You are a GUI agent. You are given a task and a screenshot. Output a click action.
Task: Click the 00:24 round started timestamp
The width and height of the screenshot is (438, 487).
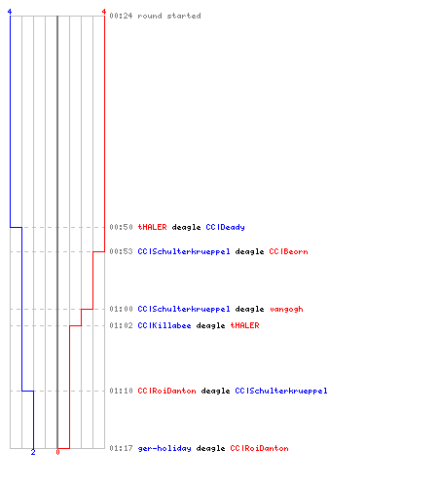click(121, 16)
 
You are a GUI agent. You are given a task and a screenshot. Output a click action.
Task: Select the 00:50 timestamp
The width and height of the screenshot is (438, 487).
click(121, 227)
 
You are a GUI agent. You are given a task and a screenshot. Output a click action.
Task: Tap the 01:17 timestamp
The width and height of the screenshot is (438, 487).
click(121, 448)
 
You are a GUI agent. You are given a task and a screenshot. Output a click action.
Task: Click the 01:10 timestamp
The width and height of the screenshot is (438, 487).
click(121, 391)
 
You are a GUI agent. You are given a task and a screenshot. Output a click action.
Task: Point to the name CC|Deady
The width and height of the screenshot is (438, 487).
click(225, 228)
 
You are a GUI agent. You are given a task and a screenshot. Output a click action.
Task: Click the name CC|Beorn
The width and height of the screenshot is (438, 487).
click(288, 251)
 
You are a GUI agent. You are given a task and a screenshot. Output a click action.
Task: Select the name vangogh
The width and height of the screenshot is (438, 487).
click(286, 310)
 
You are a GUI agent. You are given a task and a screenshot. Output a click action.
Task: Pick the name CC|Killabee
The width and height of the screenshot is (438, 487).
click(164, 325)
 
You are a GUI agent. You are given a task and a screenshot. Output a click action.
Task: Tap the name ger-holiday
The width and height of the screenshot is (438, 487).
click(164, 449)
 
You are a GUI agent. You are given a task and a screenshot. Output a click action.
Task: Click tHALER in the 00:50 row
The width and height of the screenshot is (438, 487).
click(152, 227)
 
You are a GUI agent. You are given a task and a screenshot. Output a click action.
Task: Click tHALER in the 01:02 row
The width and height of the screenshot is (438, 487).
click(244, 325)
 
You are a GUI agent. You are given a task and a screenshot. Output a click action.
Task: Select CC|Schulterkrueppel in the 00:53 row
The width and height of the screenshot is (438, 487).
click(184, 252)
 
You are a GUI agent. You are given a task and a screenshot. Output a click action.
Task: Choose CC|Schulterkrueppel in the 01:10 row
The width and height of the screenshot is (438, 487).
click(281, 392)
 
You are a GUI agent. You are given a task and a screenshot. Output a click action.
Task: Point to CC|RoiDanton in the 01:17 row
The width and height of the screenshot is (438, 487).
click(259, 448)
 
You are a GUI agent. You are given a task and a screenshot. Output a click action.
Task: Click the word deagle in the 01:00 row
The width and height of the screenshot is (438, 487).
click(249, 310)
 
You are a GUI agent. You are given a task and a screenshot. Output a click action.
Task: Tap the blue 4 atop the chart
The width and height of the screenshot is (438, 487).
click(10, 12)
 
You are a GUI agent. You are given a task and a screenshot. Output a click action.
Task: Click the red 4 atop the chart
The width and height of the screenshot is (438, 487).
click(104, 12)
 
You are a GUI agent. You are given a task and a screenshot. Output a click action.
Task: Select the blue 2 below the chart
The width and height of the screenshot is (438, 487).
click(33, 452)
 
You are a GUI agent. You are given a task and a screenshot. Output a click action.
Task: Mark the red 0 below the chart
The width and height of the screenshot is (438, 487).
click(57, 452)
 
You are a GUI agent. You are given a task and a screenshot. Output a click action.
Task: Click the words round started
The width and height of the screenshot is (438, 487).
click(169, 16)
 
